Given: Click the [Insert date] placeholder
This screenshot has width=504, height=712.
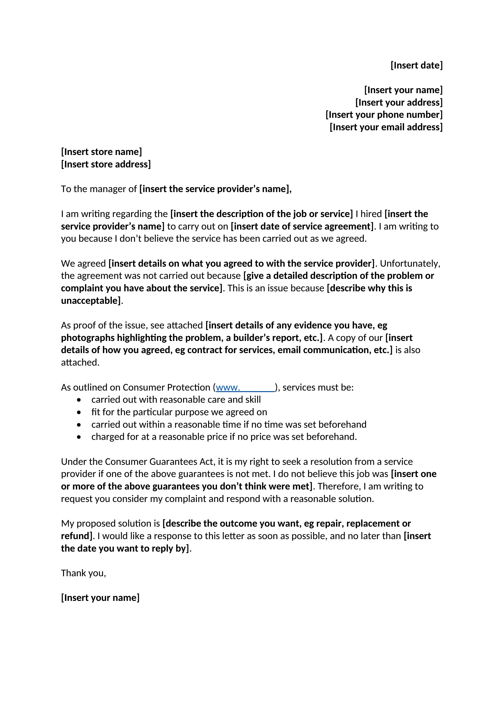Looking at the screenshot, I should pos(417,65).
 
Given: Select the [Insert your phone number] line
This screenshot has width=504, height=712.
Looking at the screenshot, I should pos(384,115).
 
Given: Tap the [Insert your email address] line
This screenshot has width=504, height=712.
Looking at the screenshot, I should pos(386,127).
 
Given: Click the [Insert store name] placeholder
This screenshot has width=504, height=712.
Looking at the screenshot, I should pos(101,152).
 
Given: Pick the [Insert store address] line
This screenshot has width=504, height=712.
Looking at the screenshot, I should pos(106,164).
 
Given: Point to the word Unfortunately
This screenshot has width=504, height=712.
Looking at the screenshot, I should pos(410,264).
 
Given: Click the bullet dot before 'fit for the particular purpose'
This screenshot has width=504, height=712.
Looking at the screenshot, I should pos(79,412).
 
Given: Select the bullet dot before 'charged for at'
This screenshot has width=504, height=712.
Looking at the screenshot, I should pos(79,437).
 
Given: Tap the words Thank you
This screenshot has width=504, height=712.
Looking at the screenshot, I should pos(83,573).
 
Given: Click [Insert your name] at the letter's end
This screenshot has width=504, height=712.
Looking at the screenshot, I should pos(100,598).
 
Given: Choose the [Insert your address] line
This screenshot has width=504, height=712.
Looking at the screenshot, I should pos(399,102).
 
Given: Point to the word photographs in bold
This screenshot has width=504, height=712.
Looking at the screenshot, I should pos(88,338).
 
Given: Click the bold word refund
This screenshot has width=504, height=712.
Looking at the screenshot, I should pos(75,536).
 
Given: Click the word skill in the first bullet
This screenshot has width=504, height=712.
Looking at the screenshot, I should pos(253,400).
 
